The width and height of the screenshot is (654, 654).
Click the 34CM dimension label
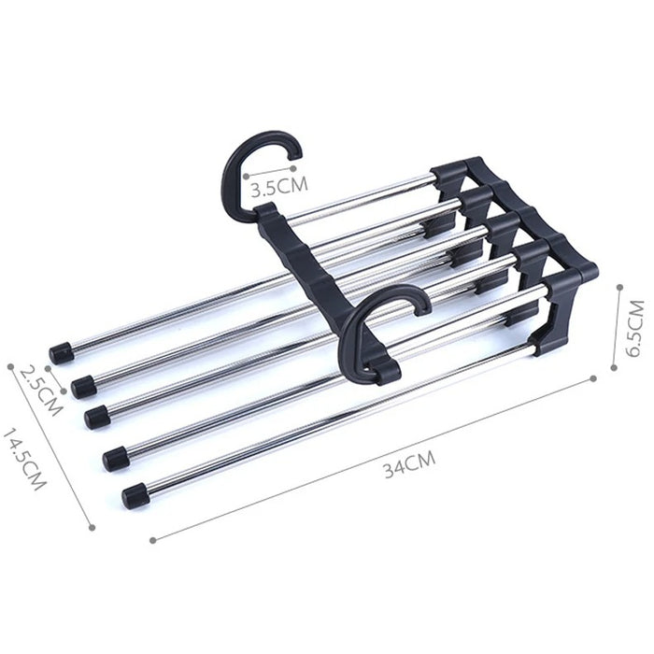409,464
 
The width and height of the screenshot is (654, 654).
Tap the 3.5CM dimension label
277,185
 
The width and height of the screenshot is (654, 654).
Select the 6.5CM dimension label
636,328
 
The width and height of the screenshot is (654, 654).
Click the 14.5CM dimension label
24,459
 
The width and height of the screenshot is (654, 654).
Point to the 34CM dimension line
374,458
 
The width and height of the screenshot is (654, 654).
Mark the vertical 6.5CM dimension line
618,327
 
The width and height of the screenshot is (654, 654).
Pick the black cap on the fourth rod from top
115,457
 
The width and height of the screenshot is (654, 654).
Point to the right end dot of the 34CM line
594,377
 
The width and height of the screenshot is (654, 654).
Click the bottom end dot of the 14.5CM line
92,526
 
